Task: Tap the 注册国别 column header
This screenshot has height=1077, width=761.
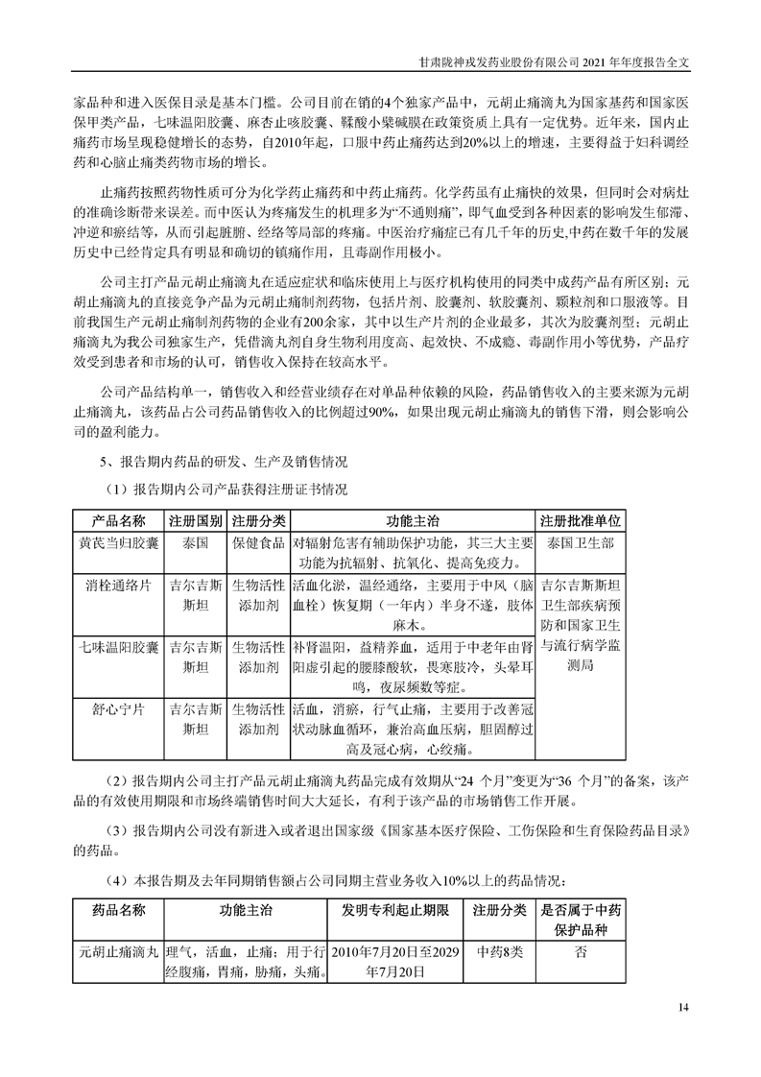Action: point(196,520)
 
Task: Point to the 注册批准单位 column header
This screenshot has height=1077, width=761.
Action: point(581,520)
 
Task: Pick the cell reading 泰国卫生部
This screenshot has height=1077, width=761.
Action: point(581,542)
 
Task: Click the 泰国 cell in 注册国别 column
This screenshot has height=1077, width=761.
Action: point(196,542)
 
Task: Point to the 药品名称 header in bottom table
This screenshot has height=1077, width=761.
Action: point(119,909)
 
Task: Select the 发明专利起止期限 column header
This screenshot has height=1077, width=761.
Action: point(394,909)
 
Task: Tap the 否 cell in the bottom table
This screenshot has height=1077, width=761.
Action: point(582,952)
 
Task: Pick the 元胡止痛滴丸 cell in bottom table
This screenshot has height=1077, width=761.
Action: point(119,952)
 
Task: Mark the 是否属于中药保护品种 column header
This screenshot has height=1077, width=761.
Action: point(582,920)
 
